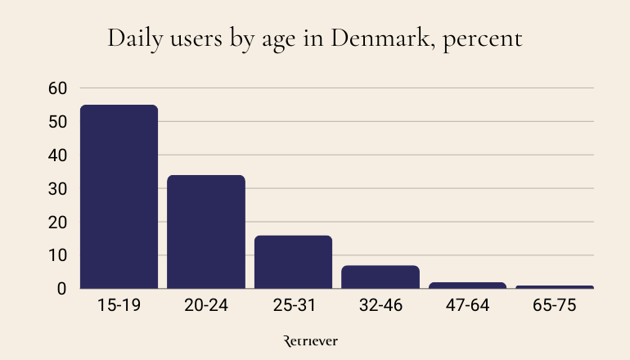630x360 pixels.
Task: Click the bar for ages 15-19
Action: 119,196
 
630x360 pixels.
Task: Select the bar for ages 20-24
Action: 206,232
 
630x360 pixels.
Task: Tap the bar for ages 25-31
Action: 293,262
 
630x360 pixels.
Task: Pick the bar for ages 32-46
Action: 380,277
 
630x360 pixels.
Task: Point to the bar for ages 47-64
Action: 467,285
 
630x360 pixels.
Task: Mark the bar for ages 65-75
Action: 555,287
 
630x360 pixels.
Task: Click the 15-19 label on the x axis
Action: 119,306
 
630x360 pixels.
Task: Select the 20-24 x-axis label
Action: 206,306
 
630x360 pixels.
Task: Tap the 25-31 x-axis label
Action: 293,306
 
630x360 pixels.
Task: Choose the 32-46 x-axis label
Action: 380,306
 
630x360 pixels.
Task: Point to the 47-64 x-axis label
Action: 467,306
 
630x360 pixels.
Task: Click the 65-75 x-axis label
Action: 555,306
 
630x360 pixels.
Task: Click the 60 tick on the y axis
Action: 57,88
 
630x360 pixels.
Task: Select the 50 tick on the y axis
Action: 57,122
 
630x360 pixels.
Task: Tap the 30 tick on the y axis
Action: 57,188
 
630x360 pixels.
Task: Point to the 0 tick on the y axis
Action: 61,289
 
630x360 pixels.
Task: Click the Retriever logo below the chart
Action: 310,341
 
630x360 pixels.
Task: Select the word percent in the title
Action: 483,40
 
